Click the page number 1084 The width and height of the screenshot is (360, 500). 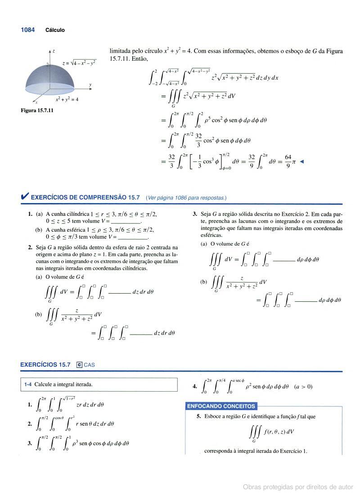coord(27,30)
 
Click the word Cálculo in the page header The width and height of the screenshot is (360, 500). coord(55,31)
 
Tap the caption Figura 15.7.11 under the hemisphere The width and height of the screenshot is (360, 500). coord(37,110)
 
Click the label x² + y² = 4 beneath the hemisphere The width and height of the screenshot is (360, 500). coord(67,99)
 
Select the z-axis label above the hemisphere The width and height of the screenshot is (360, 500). coord(54,51)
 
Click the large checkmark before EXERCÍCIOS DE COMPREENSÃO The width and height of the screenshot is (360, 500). coord(25,196)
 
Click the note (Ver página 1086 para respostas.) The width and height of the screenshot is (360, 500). coord(186,198)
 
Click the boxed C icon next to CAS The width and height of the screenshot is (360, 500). coord(79,365)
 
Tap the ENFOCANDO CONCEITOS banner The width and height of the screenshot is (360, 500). coord(221,406)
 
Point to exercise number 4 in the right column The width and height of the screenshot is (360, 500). coord(194,386)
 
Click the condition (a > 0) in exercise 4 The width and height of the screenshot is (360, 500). coord(303,386)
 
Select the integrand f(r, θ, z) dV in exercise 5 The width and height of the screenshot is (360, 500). coord(279,432)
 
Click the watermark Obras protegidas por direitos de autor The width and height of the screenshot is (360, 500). coord(298,487)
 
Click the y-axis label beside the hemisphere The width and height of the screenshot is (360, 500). coord(90,85)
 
